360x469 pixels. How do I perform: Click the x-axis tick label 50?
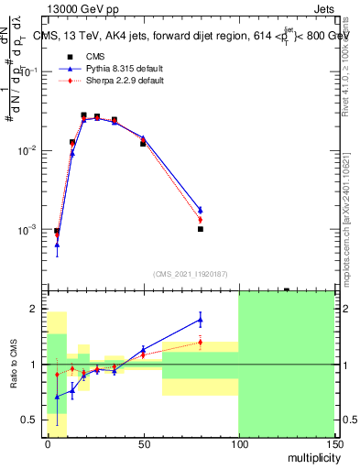[x=143, y=443]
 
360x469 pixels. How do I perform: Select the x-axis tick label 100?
[x=238, y=443]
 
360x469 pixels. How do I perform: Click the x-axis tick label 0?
[x=48, y=443]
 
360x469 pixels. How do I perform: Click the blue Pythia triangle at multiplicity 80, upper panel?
[x=201, y=210]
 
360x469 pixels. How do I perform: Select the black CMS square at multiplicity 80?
[x=200, y=229]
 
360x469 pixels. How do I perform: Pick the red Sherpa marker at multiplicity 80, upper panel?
[x=201, y=220]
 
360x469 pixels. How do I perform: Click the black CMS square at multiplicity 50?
[x=143, y=144]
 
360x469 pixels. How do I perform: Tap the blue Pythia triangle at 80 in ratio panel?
[x=201, y=320]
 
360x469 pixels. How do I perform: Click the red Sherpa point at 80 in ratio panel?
[x=201, y=343]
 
